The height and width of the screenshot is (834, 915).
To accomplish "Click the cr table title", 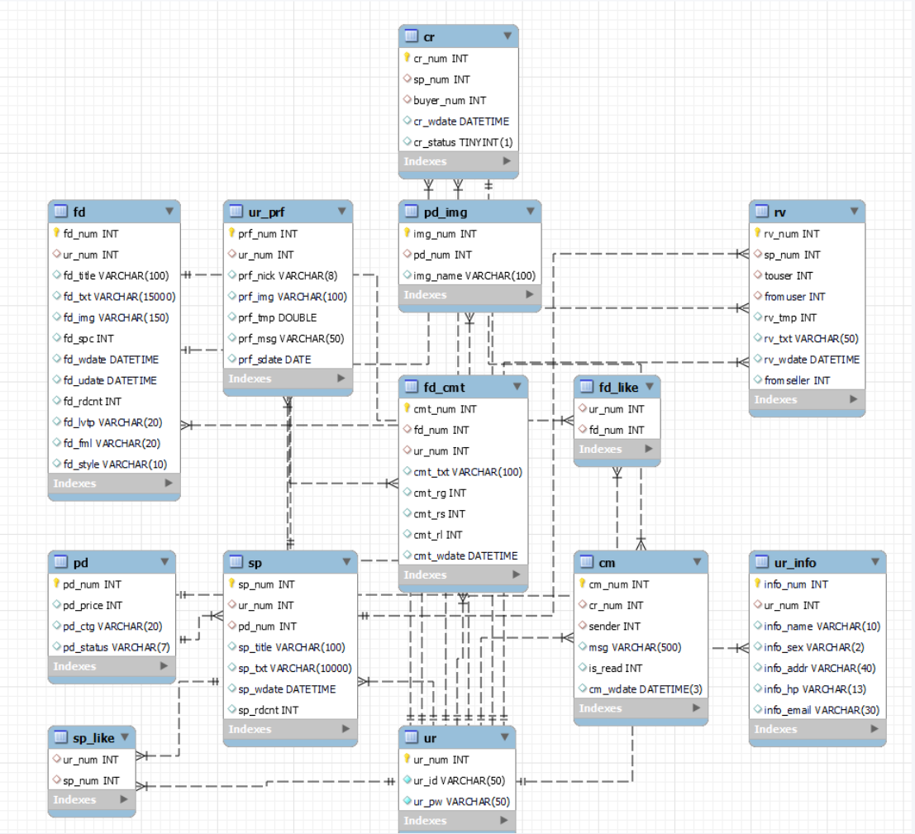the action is click(x=429, y=36).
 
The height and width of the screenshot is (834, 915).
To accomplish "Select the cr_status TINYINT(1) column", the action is click(x=463, y=142).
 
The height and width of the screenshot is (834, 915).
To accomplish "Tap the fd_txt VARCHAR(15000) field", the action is click(x=119, y=297).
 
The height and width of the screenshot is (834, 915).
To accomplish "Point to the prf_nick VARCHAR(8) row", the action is click(x=288, y=275).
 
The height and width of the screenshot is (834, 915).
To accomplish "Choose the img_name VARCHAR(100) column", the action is click(x=474, y=275).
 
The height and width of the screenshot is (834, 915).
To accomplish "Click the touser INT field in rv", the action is click(x=789, y=275).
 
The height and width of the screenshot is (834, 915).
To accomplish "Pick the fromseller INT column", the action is click(x=797, y=380).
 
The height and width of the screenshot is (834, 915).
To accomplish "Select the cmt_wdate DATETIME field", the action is click(x=465, y=555).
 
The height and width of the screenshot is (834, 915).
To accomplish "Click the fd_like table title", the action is click(x=618, y=388).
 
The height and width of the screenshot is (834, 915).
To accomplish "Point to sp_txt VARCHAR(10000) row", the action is click(x=295, y=668).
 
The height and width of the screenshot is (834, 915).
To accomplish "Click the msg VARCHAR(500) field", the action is click(x=635, y=647).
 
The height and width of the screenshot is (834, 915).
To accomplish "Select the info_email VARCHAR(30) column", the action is click(x=822, y=710).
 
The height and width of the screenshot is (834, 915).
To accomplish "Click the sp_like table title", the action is click(x=93, y=738).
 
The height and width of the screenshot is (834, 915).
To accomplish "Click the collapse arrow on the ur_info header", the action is click(x=874, y=562).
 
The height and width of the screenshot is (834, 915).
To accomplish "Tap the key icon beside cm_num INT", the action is click(x=582, y=583).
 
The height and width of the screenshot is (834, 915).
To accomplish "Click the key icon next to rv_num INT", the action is click(x=757, y=232).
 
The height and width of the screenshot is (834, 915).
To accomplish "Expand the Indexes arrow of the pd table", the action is click(x=164, y=666).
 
